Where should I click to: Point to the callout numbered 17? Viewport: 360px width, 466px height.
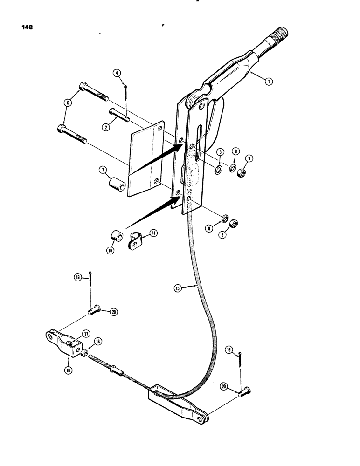(x=86, y=333)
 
